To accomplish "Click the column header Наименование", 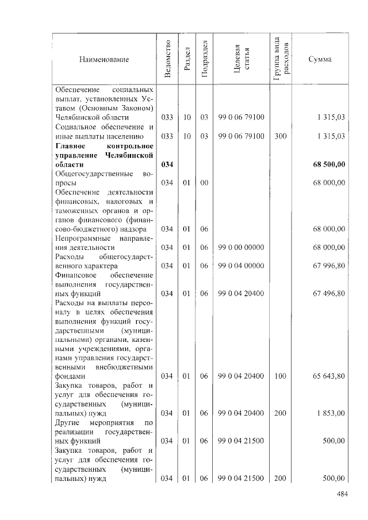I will point(104,59).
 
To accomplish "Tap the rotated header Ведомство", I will point(167,59).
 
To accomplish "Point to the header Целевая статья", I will point(241,59).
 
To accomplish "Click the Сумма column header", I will point(320,59).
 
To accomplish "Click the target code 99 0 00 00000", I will point(241,247).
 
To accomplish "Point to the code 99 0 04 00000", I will point(241,265).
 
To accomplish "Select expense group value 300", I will point(281,136).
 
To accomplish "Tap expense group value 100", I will point(281,376).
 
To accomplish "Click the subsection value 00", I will point(204,183).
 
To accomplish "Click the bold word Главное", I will point(70,146).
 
